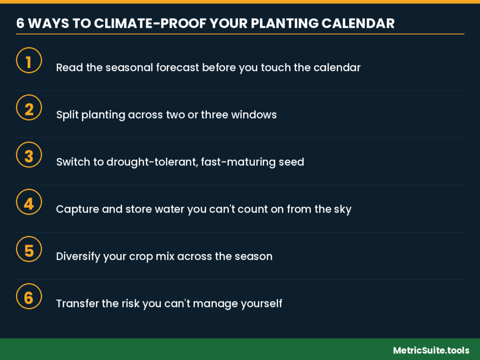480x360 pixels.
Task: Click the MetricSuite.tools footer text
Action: tap(431, 350)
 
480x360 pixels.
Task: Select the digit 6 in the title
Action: tap(20, 23)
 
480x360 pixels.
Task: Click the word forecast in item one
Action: tap(178, 67)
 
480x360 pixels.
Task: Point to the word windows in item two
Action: tap(254, 114)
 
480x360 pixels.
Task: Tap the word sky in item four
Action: tap(343, 210)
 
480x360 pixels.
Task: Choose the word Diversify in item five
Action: tap(78, 256)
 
